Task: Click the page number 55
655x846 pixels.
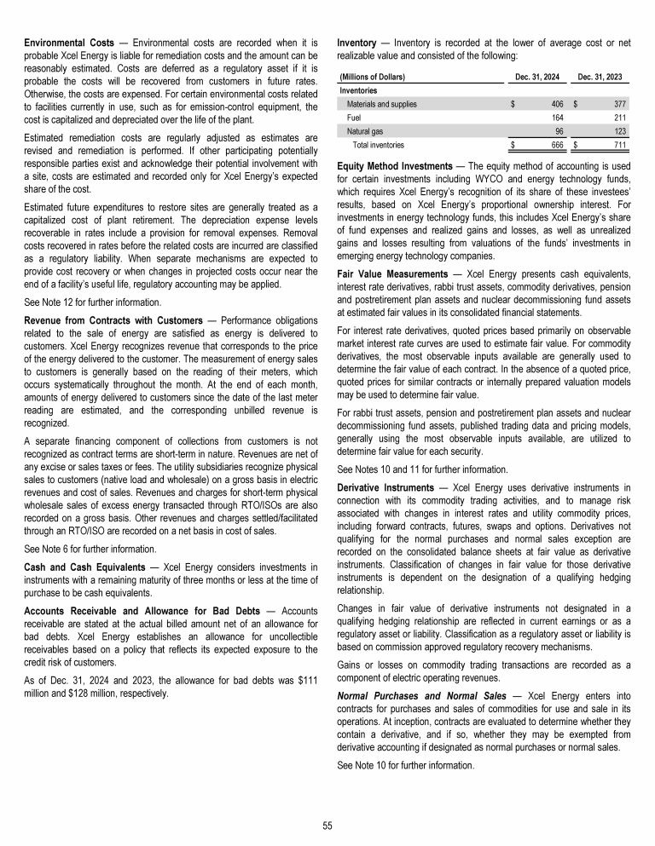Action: click(327, 825)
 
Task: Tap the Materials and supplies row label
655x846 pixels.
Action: click(382, 104)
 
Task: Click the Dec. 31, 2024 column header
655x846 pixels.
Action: click(539, 77)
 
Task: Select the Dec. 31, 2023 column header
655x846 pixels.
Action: click(600, 77)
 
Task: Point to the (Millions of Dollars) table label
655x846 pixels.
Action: click(372, 77)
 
